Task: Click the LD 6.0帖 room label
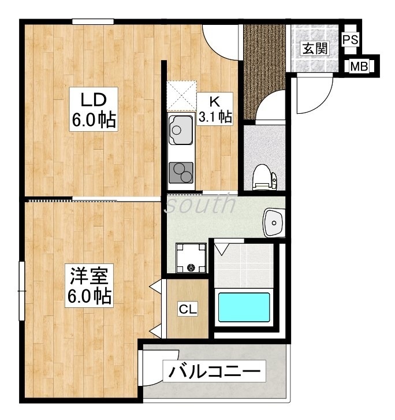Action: (94, 109)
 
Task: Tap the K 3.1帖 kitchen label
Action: (214, 109)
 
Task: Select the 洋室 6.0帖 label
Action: (89, 285)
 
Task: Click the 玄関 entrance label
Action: (315, 49)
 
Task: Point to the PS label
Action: (351, 40)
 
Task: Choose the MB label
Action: (359, 66)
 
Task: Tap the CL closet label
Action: (188, 310)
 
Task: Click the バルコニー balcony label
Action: (214, 371)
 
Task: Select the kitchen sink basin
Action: (181, 130)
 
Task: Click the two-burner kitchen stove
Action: (181, 173)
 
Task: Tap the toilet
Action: (264, 177)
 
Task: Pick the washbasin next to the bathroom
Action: (274, 222)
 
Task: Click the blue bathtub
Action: (244, 307)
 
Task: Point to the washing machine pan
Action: (191, 258)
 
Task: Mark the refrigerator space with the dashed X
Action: (181, 96)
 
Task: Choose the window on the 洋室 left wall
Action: (22, 291)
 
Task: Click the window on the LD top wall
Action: (93, 21)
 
